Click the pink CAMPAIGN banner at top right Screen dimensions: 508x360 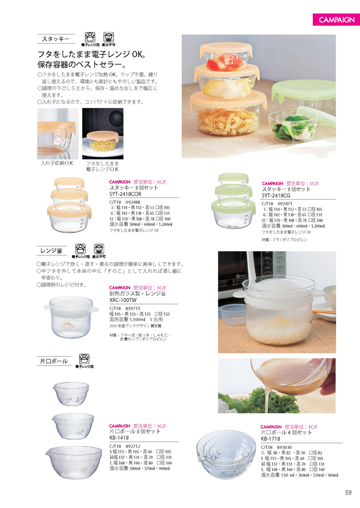click(x=335, y=20)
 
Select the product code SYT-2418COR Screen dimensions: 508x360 click(x=126, y=194)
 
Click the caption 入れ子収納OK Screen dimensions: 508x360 click(x=57, y=164)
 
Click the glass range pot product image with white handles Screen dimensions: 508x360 click(x=70, y=316)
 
